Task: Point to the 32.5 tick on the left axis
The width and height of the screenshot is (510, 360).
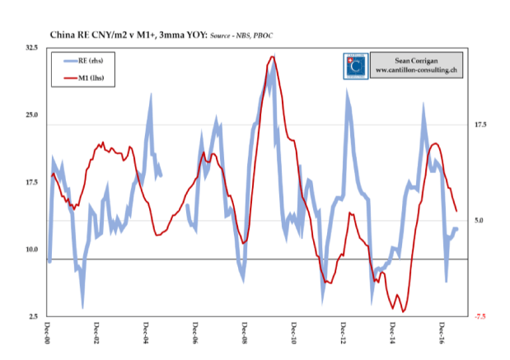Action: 33,49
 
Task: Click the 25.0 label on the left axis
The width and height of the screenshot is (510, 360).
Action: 33,115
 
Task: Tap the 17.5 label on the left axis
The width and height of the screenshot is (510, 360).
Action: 33,183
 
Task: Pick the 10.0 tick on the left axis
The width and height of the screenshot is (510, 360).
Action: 33,250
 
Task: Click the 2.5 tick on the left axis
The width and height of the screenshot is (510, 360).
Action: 35,316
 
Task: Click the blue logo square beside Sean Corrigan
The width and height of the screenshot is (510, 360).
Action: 355,65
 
